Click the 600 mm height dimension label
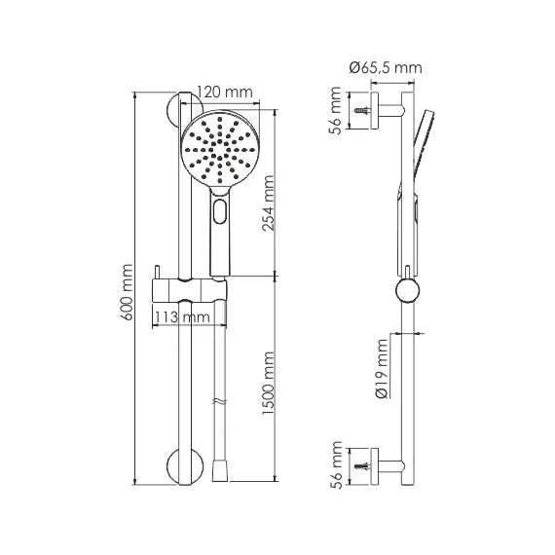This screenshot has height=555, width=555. pyautogui.click(x=127, y=292)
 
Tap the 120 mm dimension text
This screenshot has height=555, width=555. pyautogui.click(x=225, y=92)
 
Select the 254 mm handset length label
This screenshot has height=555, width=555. pyautogui.click(x=269, y=203)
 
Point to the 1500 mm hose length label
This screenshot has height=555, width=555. pyautogui.click(x=269, y=384)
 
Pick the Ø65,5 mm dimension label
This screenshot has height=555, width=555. pyautogui.click(x=386, y=67)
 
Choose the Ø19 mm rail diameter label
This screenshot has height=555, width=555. pyautogui.click(x=383, y=368)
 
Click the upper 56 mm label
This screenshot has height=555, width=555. pyautogui.click(x=336, y=110)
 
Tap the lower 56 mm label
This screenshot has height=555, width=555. pyautogui.click(x=336, y=465)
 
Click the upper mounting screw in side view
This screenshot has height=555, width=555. pyautogui.click(x=362, y=111)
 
